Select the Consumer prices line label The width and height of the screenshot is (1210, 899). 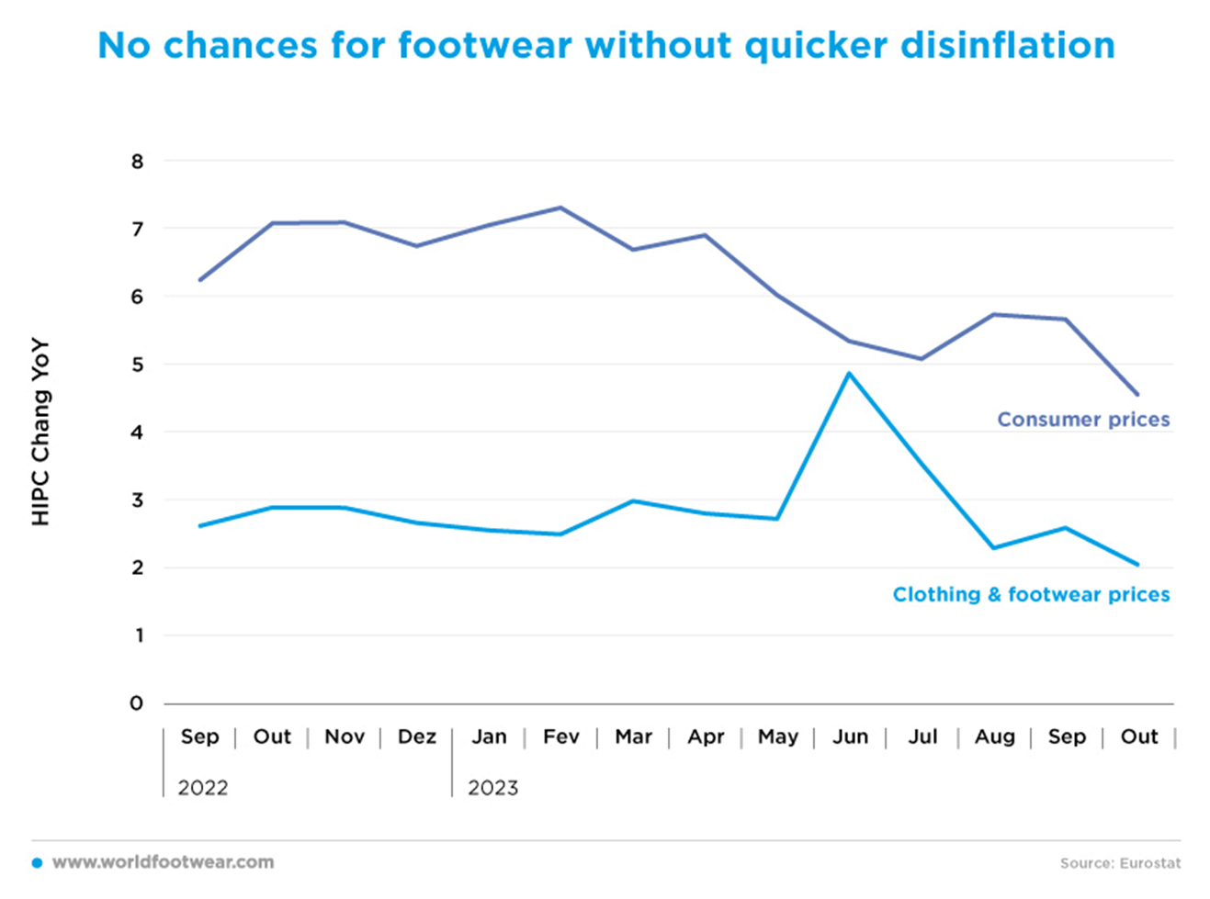pos(1083,420)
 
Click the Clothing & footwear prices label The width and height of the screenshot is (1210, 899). pos(1031,595)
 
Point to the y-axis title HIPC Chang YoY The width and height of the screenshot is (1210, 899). pos(40,433)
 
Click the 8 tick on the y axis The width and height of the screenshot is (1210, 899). pos(138,162)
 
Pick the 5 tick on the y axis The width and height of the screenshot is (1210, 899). pos(138,365)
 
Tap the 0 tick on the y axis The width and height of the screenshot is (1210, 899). pos(138,703)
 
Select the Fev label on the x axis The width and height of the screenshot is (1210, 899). pos(561,736)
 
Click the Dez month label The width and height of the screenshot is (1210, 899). pos(416,736)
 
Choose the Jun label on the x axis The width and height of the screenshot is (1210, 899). pos(850,736)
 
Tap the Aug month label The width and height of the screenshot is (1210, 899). pos(995,736)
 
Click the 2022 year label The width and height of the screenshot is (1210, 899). pos(203,788)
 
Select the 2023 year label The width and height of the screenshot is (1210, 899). pos(493,788)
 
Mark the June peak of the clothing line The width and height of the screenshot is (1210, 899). pos(850,373)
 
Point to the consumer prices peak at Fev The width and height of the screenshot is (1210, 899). pos(560,208)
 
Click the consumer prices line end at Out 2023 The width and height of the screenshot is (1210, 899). pos(1138,395)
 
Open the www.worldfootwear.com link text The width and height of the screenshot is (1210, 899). pos(163,862)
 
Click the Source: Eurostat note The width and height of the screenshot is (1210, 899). pos(1120,863)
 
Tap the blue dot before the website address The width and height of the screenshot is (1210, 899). pos(37,863)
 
